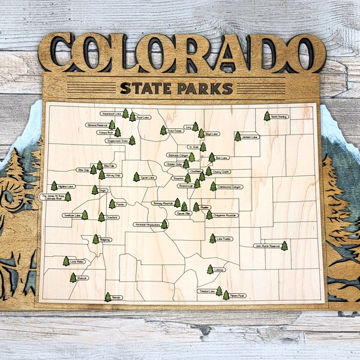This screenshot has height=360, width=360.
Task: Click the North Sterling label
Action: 280,116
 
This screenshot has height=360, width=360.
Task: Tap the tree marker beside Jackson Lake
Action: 238,137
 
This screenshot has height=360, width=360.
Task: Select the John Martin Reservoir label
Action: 266,245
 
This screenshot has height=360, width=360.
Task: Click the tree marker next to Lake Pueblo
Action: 212,238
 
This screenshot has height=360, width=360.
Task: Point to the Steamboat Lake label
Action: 111,113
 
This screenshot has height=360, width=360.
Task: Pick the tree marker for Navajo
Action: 108,297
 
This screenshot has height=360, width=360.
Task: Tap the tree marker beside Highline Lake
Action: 54,186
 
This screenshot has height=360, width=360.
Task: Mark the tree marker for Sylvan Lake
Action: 136,177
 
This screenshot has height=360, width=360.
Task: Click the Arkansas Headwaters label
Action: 148,224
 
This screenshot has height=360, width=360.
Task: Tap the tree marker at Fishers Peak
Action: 226,295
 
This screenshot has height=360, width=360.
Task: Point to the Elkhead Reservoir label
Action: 97,125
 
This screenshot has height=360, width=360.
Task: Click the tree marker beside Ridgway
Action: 95,239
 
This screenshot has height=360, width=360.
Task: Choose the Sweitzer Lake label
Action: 71,215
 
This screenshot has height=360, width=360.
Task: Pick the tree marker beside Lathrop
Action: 210,270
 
